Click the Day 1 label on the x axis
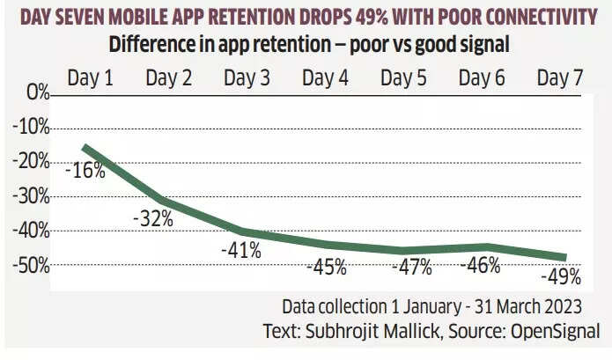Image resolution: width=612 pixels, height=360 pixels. coord(91,77)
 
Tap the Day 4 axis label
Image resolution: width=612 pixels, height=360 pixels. coord(325,77)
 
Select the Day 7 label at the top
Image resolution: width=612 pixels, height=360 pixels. coord(559,77)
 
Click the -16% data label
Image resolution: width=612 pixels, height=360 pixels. coord(85,170)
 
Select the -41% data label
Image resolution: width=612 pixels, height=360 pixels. coord(240,250)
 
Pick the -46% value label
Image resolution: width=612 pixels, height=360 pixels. coord(480,264)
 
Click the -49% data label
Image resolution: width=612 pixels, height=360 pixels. coord(560,277)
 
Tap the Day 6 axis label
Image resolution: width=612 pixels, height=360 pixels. coord(482,77)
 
